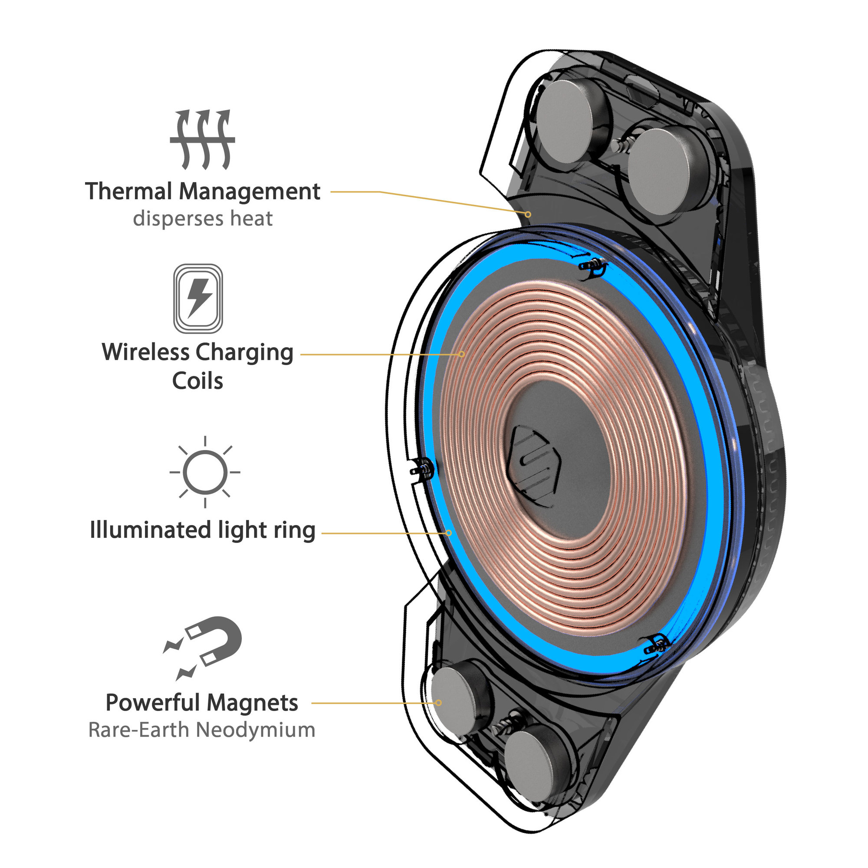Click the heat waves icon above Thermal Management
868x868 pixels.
click(x=202, y=139)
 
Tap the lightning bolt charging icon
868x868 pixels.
click(x=198, y=298)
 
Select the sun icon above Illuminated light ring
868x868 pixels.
click(x=205, y=472)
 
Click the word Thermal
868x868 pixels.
click(x=129, y=191)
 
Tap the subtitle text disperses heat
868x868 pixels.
click(x=203, y=219)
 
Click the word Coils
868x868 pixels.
click(x=197, y=381)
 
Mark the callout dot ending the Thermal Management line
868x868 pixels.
click(x=528, y=214)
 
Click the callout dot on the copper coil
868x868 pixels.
click(x=461, y=354)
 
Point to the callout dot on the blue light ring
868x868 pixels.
click(x=448, y=533)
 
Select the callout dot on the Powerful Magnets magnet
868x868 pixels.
click(x=439, y=703)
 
